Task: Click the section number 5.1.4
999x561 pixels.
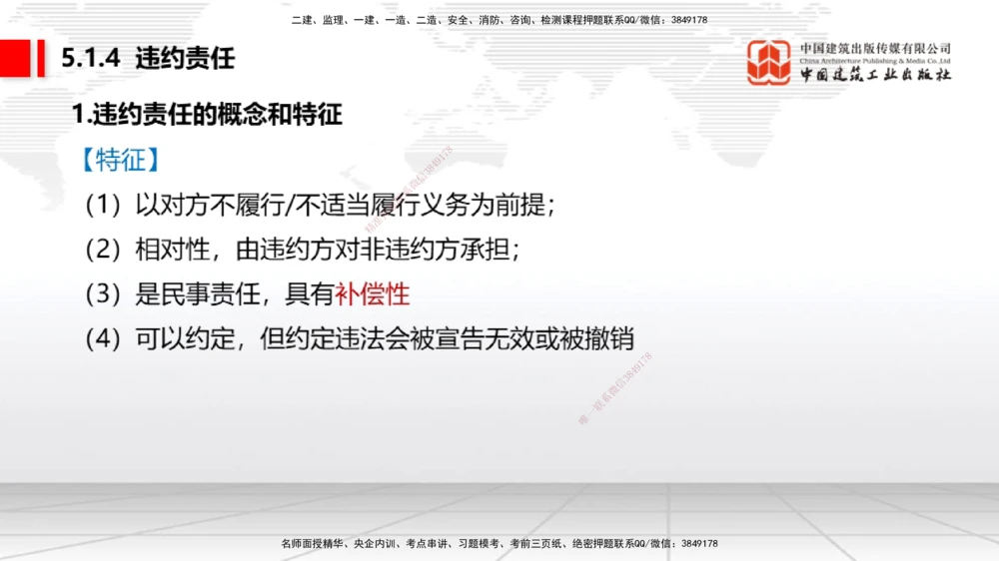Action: coord(91,58)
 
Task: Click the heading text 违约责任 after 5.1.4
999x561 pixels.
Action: coord(185,58)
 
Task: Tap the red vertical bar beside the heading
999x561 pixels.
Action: coord(41,58)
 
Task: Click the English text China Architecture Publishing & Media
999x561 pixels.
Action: coord(875,61)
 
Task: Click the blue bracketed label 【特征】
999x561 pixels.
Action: coord(122,160)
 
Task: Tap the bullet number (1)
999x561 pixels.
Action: coord(103,206)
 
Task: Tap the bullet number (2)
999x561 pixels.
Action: coord(103,250)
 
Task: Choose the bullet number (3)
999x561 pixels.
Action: coord(103,294)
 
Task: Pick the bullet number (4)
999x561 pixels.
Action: coord(103,339)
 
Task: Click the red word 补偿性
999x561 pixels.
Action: coord(373,294)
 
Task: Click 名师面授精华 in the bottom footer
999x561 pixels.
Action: coord(313,544)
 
